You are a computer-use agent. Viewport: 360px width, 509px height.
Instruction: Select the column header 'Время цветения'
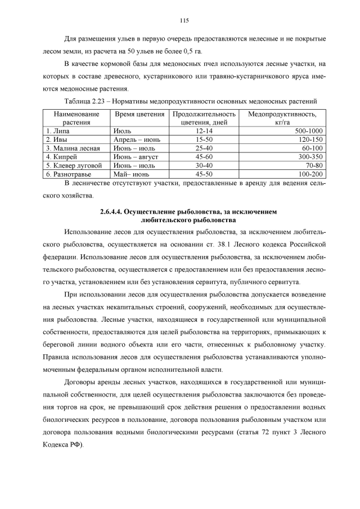pos(136,114)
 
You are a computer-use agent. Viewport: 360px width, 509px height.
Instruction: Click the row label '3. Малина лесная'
pos(73,148)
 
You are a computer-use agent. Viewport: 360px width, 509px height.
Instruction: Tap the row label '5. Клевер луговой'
pos(74,166)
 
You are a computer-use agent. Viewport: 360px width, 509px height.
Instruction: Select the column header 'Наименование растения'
pos(73,118)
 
